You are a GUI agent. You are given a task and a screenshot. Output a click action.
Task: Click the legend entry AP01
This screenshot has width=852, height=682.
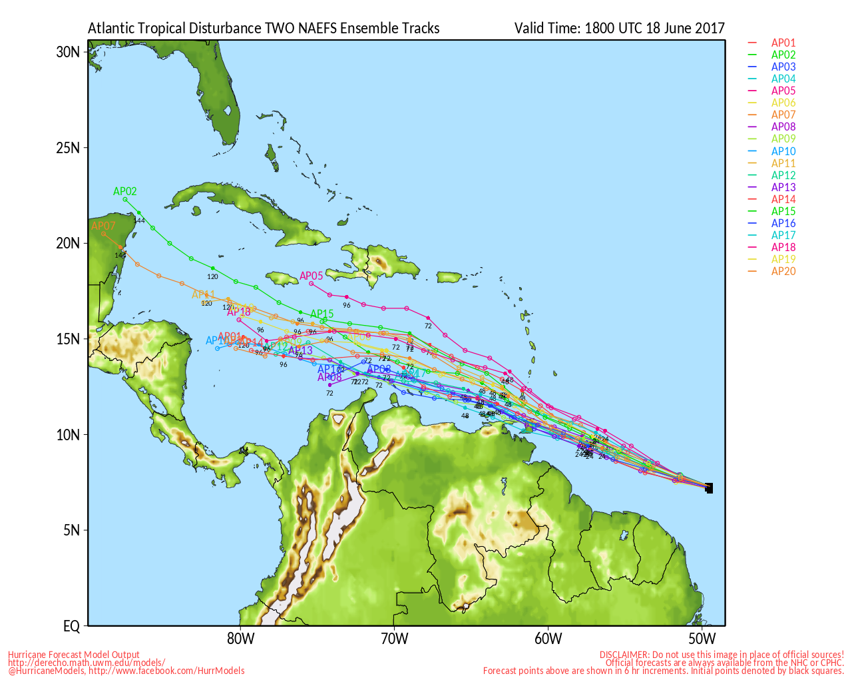783,43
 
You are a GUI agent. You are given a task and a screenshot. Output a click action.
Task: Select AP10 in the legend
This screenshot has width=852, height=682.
783,151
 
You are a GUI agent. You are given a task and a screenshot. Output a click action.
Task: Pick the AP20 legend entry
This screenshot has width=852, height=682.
783,271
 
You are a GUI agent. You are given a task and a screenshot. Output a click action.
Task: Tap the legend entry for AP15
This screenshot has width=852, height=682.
783,211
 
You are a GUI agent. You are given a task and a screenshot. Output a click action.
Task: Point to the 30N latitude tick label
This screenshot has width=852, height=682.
68,52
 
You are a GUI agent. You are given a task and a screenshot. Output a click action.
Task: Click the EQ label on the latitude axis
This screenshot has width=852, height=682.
71,626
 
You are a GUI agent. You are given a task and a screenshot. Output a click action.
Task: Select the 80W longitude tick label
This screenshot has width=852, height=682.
240,639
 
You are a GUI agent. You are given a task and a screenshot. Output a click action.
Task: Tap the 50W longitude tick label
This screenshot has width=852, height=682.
702,639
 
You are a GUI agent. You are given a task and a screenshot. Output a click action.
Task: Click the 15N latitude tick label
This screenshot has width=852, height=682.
68,339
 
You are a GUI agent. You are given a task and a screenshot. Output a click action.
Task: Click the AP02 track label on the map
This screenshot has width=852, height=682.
125,192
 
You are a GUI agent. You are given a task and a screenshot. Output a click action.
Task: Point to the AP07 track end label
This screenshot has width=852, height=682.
103,226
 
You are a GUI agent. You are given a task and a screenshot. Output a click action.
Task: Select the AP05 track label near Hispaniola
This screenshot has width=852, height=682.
311,276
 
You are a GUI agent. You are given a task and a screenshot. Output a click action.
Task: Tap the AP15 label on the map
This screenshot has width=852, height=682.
322,314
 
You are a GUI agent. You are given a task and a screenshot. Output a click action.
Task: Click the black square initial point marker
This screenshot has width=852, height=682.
709,488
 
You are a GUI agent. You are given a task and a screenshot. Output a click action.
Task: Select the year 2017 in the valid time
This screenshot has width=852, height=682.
710,29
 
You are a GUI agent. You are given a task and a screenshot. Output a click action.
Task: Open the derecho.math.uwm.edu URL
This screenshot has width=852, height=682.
87,663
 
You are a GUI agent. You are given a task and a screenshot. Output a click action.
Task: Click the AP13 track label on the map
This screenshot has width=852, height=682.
300,350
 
